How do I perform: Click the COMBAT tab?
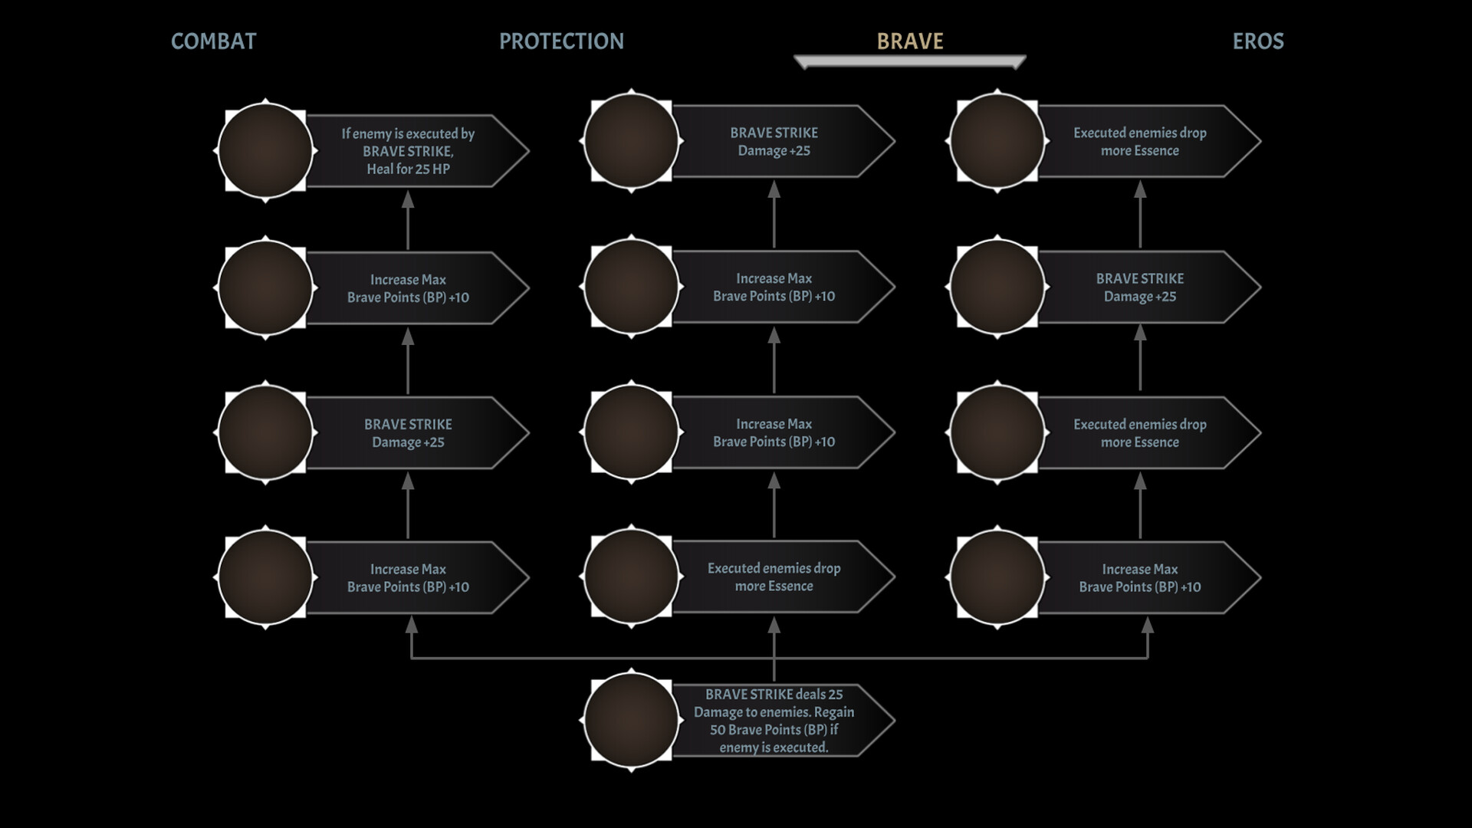click(x=213, y=41)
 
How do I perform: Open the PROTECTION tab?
click(x=561, y=41)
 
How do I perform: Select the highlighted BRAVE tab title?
click(x=910, y=41)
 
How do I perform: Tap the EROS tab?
click(x=1257, y=41)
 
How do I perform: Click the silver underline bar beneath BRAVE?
click(x=910, y=61)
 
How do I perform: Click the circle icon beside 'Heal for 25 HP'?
click(x=265, y=151)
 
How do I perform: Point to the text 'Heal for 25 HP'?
click(x=408, y=169)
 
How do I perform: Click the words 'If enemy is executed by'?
click(x=408, y=133)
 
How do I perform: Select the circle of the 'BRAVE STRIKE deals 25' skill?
click(x=631, y=721)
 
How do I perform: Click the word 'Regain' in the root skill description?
click(x=833, y=712)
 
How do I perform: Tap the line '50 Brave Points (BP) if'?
click(x=774, y=730)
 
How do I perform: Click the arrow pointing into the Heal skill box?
click(x=408, y=201)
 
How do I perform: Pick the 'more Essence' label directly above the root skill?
click(x=774, y=586)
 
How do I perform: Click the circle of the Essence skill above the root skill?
click(x=631, y=577)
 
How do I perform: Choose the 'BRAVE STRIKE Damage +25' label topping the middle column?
click(x=774, y=142)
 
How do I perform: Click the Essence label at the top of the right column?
click(x=1139, y=142)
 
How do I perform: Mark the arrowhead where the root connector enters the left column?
click(x=412, y=626)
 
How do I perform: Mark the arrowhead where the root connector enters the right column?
click(x=1148, y=626)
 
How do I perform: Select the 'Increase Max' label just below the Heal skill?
click(x=408, y=280)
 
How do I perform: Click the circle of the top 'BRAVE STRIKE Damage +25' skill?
click(x=631, y=142)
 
